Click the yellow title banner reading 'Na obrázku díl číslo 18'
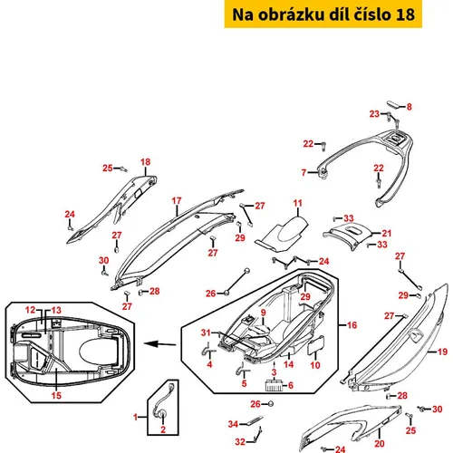coord(323,14)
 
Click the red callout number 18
coord(145,162)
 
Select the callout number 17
coord(177,201)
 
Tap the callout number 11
coord(297,203)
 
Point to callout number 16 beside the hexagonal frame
coord(352,325)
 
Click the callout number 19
coord(442,352)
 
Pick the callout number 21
coord(387,234)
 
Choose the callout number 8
coord(410,107)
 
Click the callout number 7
coord(304,172)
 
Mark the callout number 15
coord(56,396)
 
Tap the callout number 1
coord(136,418)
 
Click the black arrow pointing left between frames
coord(159,343)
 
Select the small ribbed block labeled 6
coord(275,386)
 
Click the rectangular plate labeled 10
coord(316,345)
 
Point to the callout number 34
coord(233,424)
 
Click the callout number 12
coord(31,310)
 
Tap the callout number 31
coord(206,333)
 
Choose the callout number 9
coord(264,313)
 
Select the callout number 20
coord(380,444)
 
